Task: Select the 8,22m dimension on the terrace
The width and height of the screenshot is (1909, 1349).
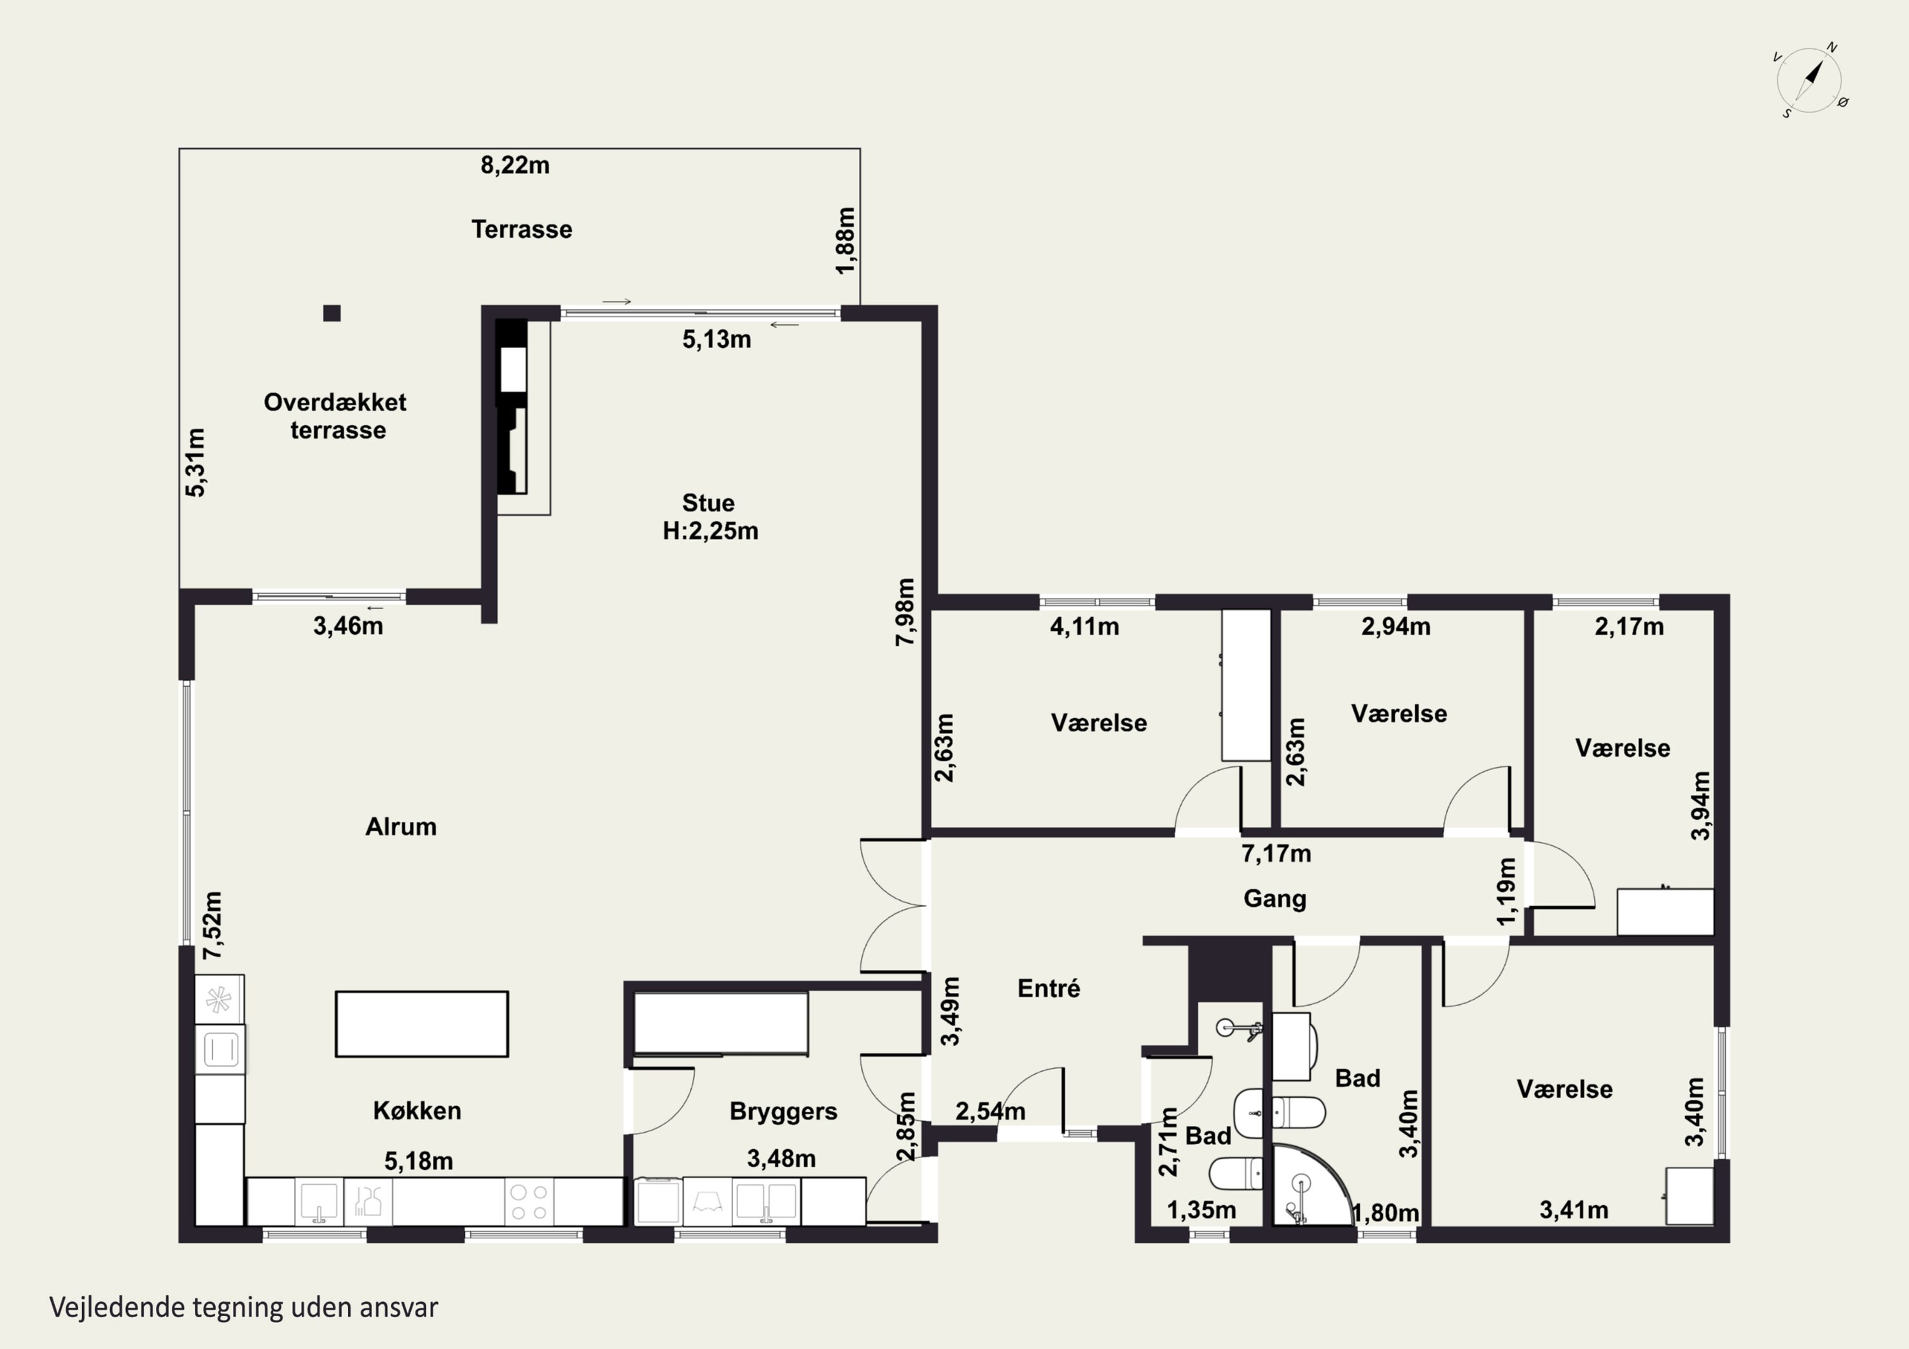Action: click(515, 165)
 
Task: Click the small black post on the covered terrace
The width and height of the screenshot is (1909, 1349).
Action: click(332, 314)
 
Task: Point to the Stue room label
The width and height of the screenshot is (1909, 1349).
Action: click(708, 503)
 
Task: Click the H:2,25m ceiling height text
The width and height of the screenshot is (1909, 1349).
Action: click(710, 531)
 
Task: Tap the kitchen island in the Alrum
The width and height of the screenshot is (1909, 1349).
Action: click(421, 1024)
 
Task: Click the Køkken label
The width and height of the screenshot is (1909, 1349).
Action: click(417, 1110)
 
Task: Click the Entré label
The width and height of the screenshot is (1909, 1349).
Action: click(1049, 988)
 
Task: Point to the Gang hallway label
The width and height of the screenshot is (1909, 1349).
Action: click(1275, 899)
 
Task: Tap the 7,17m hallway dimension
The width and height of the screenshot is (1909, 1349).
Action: click(1276, 854)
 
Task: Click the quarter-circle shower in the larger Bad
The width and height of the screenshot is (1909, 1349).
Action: click(1310, 1187)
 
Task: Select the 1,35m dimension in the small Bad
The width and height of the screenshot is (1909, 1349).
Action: click(1201, 1210)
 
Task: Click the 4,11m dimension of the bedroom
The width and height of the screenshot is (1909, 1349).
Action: click(1084, 626)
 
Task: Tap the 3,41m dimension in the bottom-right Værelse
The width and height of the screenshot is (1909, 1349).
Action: click(1573, 1210)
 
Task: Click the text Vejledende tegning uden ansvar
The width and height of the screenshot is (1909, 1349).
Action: click(244, 1308)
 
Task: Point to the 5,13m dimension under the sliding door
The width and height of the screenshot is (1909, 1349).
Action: click(717, 339)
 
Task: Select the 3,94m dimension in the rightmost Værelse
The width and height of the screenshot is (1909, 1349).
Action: click(1701, 806)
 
